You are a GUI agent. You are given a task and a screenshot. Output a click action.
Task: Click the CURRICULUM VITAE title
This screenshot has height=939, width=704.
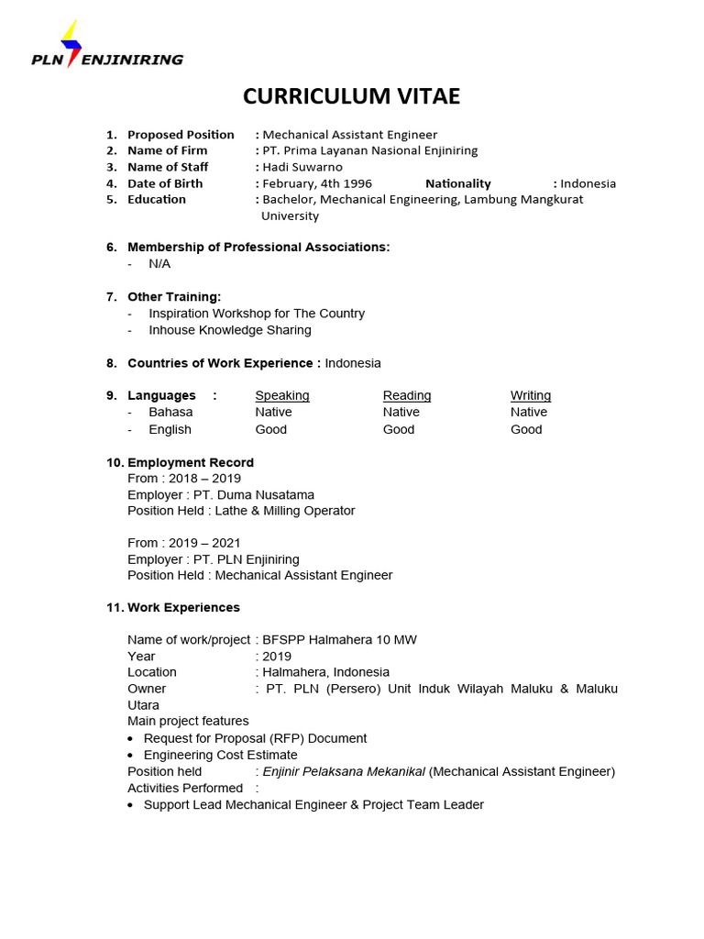[x=351, y=97]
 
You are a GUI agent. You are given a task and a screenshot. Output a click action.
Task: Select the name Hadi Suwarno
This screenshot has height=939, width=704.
[x=302, y=167]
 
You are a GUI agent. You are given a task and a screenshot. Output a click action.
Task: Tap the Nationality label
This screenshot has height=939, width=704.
[x=457, y=183]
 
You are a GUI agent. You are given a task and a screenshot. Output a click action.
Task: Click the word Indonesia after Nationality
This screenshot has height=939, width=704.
[x=588, y=183]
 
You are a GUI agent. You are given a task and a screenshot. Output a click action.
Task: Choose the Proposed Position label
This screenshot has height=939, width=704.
[x=181, y=135]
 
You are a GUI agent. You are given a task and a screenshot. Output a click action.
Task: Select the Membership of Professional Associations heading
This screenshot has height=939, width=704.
[x=258, y=248]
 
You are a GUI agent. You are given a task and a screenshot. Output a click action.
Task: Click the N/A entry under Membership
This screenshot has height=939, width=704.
[x=159, y=264]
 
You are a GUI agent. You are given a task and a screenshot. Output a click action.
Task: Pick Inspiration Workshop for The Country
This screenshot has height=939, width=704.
[x=257, y=314]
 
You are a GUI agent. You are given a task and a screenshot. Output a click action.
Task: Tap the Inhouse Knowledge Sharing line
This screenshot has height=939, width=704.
[x=230, y=330]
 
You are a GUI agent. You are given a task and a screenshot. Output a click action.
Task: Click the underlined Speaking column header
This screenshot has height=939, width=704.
[x=282, y=396]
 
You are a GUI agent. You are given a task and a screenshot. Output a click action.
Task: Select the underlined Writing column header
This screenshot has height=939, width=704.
[x=531, y=396]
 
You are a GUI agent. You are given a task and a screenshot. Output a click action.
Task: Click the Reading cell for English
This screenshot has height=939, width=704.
[x=399, y=429]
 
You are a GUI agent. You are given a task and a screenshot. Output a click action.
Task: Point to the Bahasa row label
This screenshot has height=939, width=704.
[x=170, y=413]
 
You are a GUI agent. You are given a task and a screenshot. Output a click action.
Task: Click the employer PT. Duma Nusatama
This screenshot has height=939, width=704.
[x=221, y=495]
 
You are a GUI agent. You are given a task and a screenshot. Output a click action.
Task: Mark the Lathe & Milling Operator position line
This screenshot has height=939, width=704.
[x=241, y=511]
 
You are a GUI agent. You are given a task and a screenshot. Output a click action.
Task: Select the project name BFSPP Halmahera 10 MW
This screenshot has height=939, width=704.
[x=339, y=640]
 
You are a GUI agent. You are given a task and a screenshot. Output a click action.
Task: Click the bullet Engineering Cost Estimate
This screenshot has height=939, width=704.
[x=220, y=755]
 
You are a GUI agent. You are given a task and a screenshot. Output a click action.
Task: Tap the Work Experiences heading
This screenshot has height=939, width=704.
[x=183, y=608]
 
